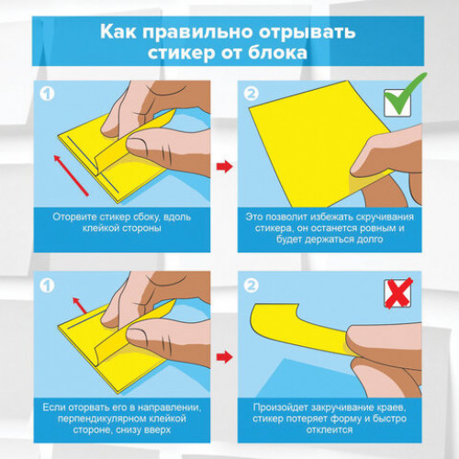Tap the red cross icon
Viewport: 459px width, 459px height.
point(397,292)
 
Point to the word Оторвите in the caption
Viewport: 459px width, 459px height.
point(79,216)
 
